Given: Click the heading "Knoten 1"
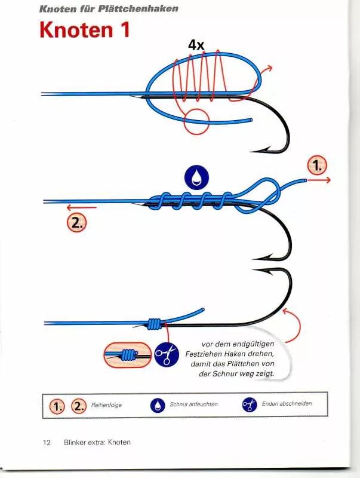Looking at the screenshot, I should (84, 30).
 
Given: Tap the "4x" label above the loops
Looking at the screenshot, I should (196, 45).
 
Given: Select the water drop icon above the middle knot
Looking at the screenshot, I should (198, 176).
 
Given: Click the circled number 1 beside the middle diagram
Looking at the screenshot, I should (317, 166).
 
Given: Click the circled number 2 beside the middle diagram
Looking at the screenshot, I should (77, 222).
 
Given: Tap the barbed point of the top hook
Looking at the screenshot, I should (254, 151).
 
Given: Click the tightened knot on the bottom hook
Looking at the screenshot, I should (155, 323).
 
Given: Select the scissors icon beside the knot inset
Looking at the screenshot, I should (167, 355).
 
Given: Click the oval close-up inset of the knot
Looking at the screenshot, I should (127, 355).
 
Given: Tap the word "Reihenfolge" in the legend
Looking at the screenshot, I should (107, 405).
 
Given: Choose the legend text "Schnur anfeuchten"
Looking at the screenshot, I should (193, 405).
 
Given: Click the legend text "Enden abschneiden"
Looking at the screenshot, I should (287, 404).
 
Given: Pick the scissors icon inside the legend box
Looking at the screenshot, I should (249, 405).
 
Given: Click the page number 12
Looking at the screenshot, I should (47, 443).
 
